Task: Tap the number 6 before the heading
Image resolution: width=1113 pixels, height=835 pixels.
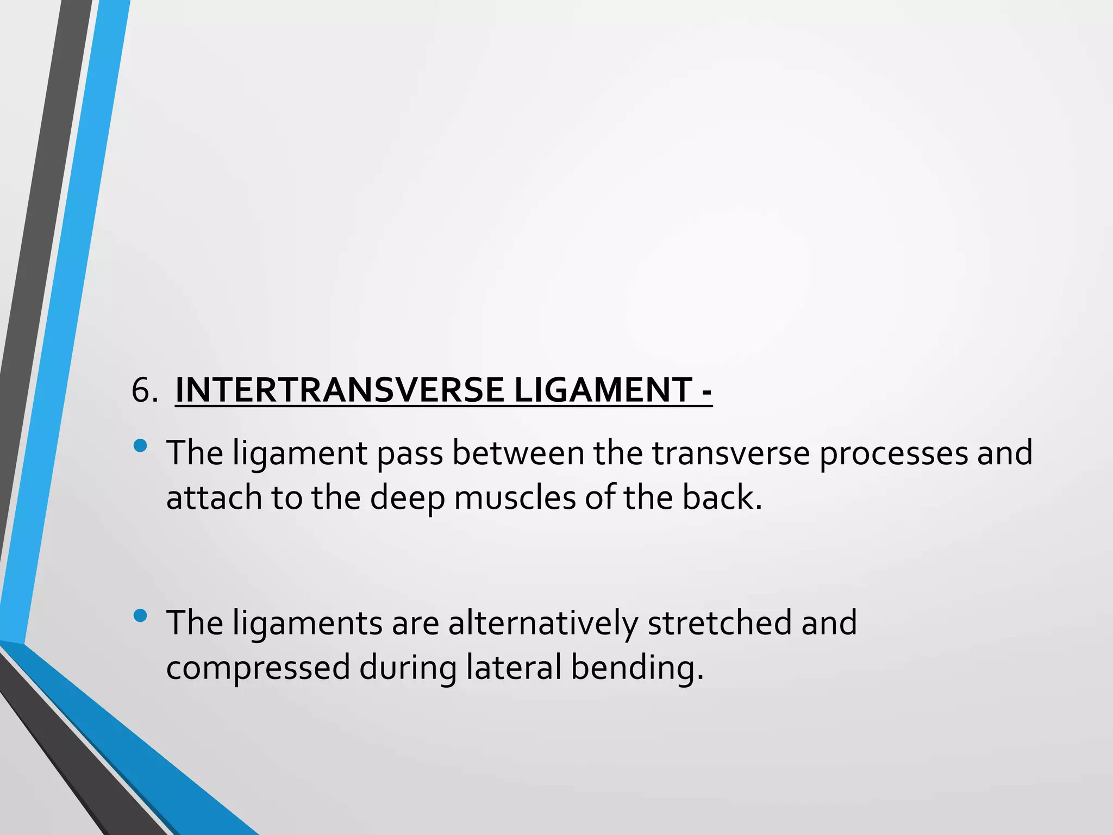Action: tap(141, 391)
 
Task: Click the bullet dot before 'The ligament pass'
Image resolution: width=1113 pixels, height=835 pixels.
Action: tap(140, 446)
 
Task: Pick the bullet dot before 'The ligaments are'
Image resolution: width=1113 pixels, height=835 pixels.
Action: tap(140, 615)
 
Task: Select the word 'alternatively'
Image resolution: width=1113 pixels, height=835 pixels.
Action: tap(542, 623)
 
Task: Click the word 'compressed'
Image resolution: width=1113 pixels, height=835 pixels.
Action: tap(258, 668)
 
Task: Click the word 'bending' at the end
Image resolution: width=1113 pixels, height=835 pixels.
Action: tap(633, 668)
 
